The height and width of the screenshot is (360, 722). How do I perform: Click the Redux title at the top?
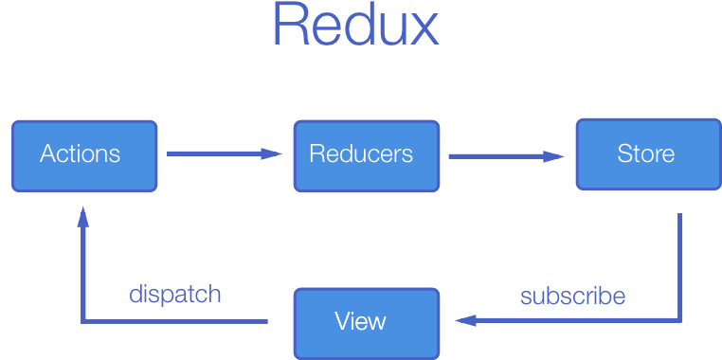tap(355, 27)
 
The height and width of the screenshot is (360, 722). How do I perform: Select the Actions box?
tap(83, 154)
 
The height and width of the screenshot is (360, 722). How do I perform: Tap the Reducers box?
tap(366, 154)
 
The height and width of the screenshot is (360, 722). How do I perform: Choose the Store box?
tap(647, 154)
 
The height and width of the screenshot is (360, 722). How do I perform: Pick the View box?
tap(366, 322)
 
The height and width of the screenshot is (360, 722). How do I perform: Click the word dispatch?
tap(175, 294)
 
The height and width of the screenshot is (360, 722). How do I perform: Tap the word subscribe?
tap(572, 296)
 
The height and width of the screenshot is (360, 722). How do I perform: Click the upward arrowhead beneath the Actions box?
tap(82, 219)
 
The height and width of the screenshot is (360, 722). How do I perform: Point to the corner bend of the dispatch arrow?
tap(83, 322)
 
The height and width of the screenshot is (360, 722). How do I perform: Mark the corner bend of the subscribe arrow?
tap(679, 321)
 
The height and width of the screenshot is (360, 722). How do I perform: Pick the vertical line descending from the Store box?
tap(679, 265)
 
